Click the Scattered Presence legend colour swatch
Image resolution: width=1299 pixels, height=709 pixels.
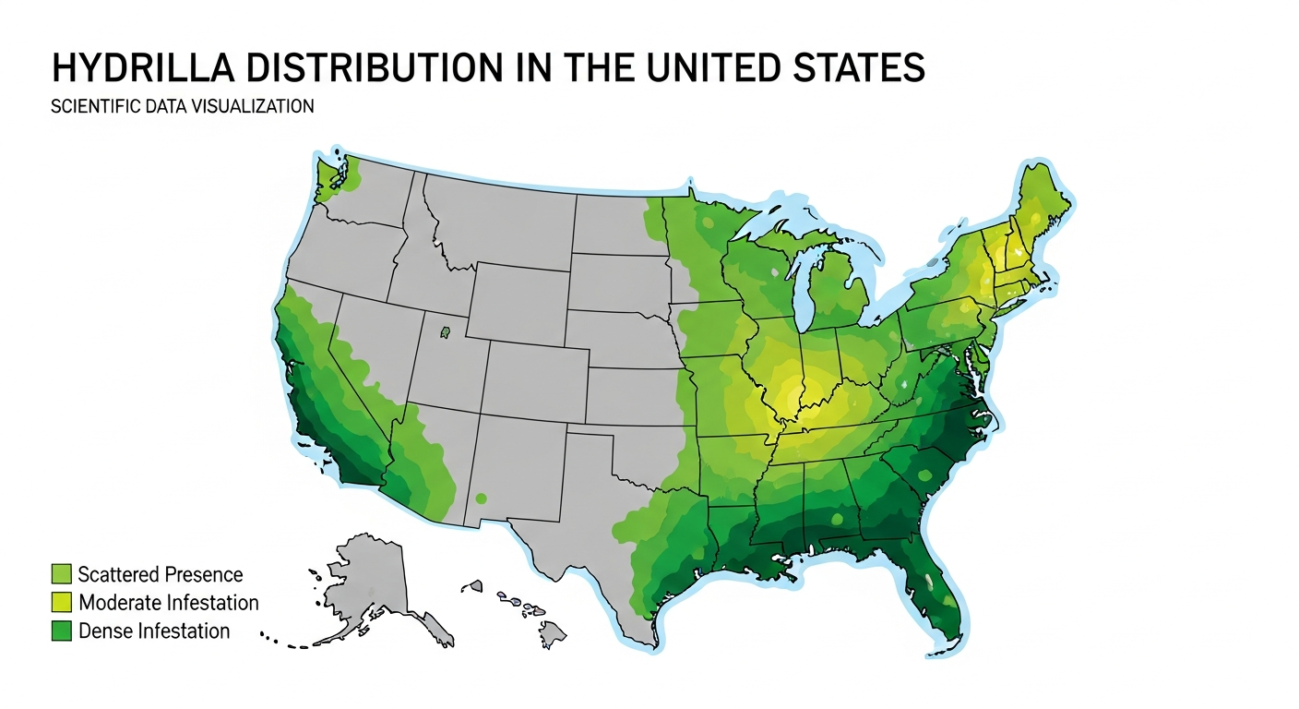click(62, 574)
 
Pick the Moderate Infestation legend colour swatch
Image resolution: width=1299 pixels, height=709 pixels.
click(62, 603)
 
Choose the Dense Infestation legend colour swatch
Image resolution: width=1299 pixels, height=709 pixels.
click(62, 631)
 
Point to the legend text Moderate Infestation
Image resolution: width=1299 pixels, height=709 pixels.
click(169, 603)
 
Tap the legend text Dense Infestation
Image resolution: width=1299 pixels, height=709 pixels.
click(154, 631)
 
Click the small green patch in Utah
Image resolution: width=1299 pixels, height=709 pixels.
click(445, 331)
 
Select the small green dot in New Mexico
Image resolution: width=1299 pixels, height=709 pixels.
click(481, 499)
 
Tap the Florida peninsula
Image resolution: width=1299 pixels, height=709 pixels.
click(936, 591)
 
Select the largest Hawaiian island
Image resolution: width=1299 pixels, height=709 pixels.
click(552, 634)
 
